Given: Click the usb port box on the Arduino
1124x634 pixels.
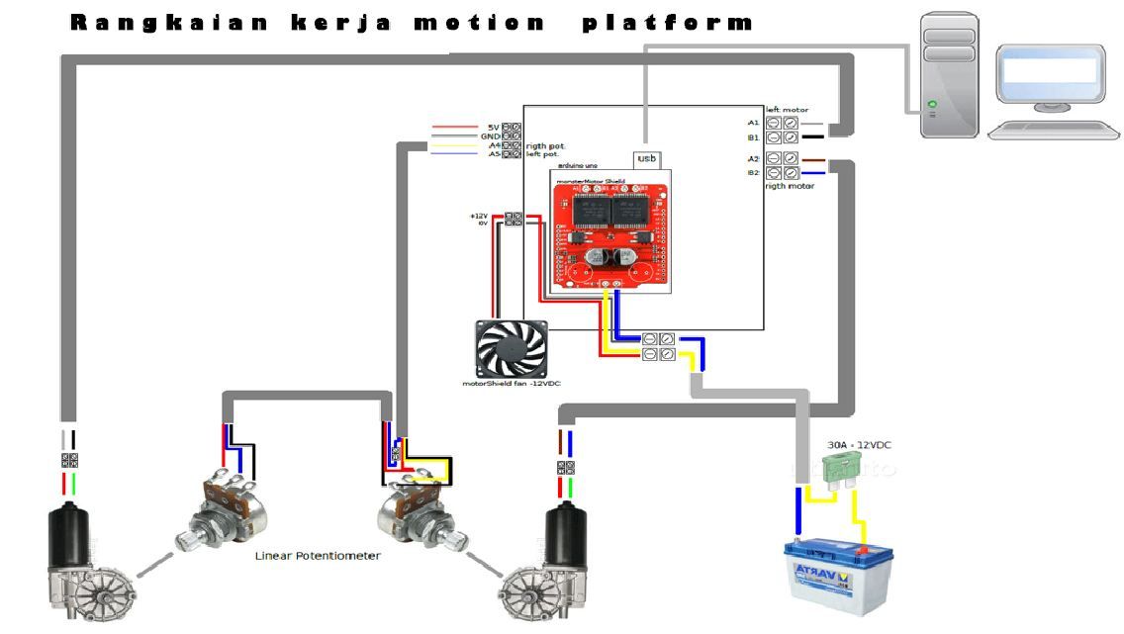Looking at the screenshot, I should [646, 159].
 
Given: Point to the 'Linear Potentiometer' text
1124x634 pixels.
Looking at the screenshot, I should [318, 556].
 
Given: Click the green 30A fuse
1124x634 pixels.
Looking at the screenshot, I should [843, 474].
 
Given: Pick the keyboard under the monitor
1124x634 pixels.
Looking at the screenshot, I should [1046, 130].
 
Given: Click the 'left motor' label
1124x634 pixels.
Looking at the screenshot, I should [787, 110].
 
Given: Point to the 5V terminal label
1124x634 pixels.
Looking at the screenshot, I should [493, 128].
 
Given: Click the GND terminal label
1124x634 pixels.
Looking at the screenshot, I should [492, 136].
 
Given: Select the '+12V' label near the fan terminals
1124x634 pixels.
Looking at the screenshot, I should [480, 215].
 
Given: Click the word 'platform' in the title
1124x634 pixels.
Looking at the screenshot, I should [668, 23].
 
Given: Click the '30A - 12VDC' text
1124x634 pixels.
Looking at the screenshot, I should [859, 445].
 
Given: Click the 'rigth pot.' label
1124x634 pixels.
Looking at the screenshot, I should [544, 145].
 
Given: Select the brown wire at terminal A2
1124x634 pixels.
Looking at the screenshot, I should [812, 158].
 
